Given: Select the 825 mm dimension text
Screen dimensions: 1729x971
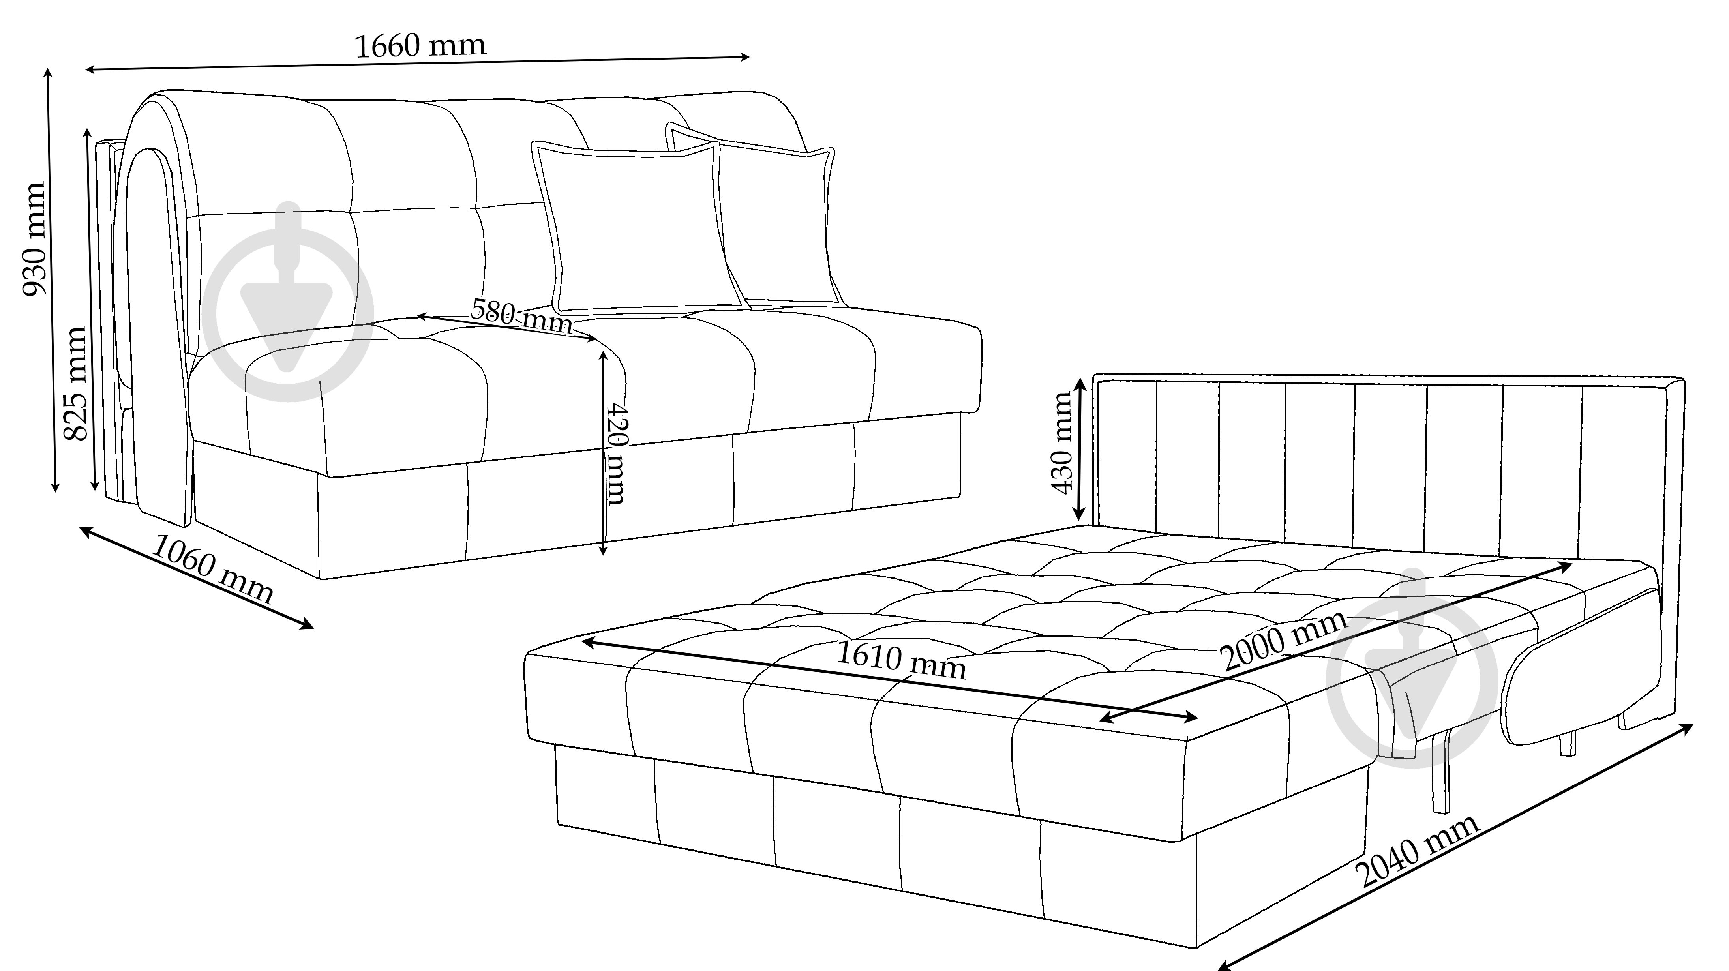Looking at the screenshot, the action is coord(75,383).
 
